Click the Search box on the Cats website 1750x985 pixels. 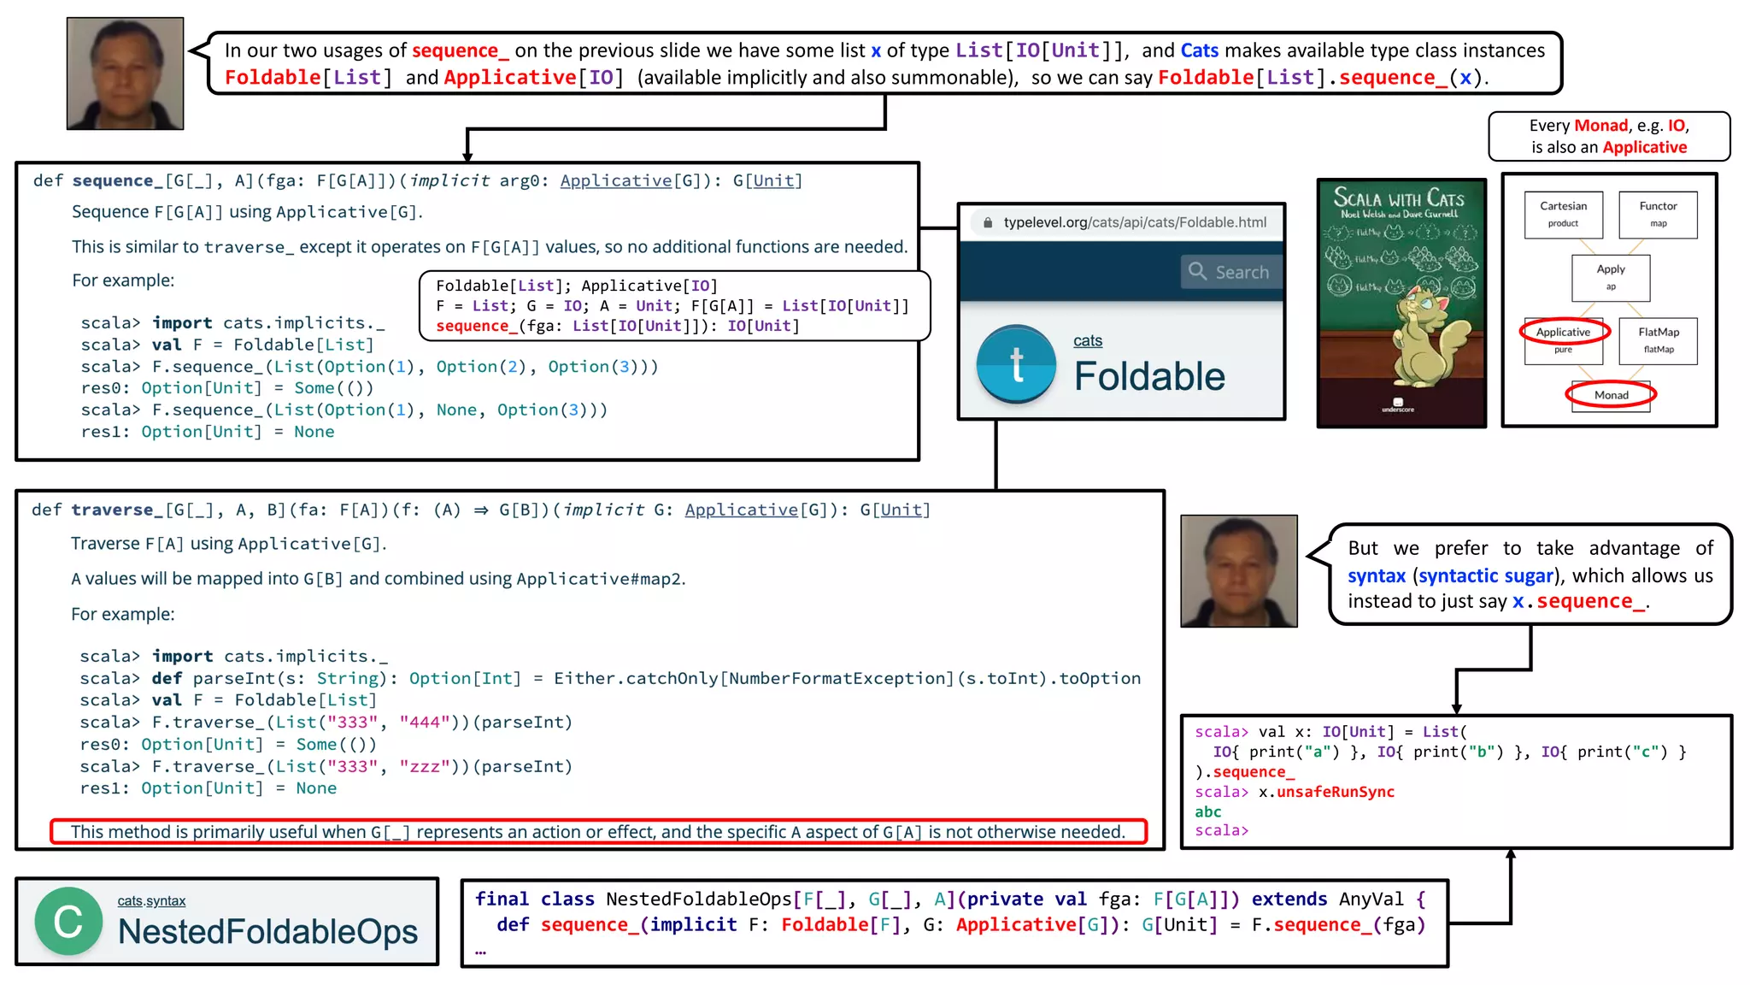1231,272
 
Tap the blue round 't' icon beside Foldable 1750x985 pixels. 1016,364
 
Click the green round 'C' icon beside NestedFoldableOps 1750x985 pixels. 68,922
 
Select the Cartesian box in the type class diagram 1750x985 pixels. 1563,214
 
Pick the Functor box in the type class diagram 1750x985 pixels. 1658,214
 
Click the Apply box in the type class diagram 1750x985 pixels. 1611,277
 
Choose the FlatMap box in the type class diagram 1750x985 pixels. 1658,339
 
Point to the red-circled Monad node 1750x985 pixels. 1611,395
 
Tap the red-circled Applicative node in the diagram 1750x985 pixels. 1564,332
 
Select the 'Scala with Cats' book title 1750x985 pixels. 1399,199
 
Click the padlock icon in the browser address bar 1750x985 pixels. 988,223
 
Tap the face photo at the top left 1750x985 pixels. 126,74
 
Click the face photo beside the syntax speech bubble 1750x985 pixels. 1239,571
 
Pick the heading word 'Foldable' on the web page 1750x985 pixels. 1149,377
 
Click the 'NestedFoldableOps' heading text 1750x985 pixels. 268,932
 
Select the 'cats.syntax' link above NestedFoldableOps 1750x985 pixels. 151,901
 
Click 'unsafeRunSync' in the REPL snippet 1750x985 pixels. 1335,793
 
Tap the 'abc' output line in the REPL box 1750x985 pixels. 1208,812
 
